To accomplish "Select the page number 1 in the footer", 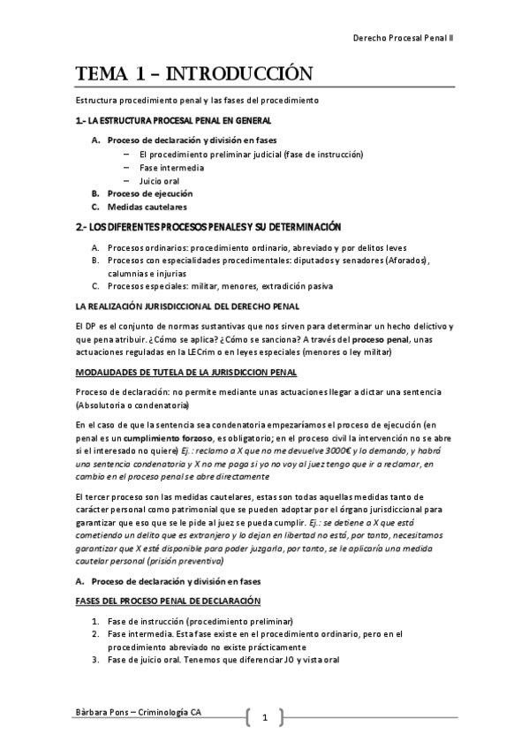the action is coord(264,716).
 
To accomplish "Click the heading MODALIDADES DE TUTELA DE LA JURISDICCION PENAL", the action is coord(186,371).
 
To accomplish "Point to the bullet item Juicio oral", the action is coord(159,180).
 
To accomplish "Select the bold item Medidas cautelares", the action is coord(147,207).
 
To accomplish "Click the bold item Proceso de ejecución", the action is coord(149,193).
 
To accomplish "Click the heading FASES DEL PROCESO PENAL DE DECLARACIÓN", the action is coord(167,601).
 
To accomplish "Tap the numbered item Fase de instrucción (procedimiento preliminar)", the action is coord(200,621).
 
